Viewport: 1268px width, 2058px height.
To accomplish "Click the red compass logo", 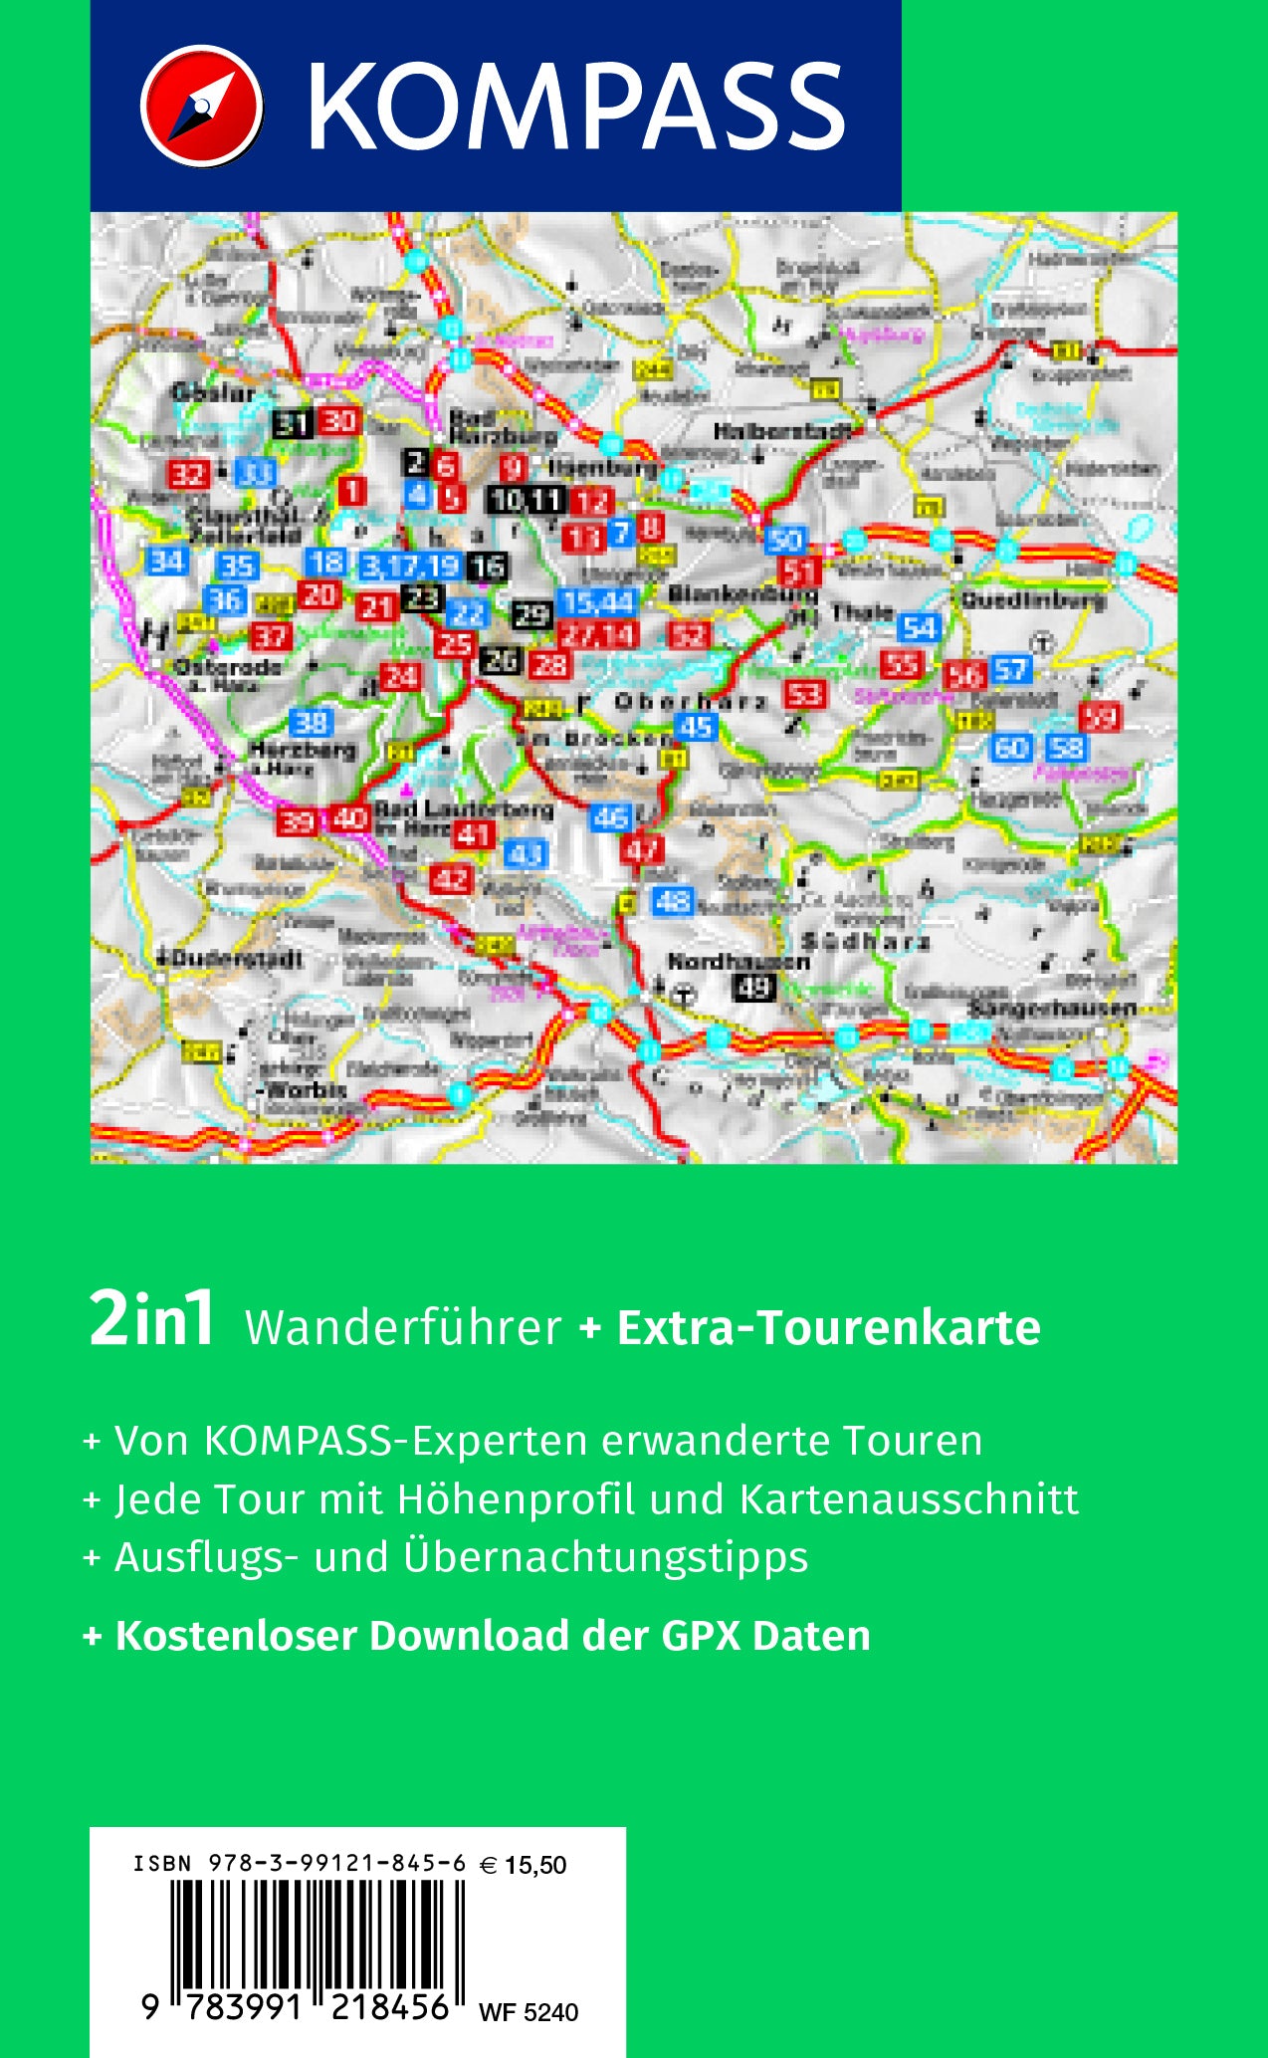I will (202, 106).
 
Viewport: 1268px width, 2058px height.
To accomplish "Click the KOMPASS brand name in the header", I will (575, 107).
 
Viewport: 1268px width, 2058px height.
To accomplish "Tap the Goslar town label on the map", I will (213, 393).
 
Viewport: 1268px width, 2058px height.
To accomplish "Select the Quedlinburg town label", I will (1033, 600).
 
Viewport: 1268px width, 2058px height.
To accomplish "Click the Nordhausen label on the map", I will (738, 962).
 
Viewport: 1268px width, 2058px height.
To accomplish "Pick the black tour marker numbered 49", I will (753, 988).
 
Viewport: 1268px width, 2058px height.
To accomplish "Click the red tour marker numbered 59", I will (1101, 716).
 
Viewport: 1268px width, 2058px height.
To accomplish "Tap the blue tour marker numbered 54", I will (919, 627).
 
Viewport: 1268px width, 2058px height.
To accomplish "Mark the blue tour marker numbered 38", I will (313, 722).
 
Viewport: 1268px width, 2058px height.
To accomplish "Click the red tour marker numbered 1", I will (351, 490).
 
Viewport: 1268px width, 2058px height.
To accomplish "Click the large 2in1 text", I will (151, 1321).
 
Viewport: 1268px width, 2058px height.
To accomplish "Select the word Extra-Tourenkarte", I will (828, 1327).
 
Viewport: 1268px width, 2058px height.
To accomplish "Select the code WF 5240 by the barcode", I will (528, 2012).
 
